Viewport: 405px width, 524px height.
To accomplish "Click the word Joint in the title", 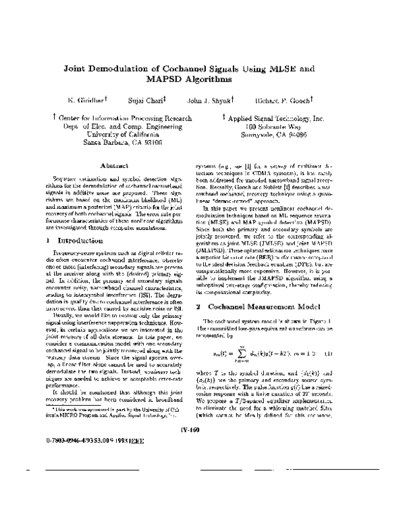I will (x=78, y=68).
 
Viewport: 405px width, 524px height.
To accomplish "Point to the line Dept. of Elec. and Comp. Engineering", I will (x=119, y=126).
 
